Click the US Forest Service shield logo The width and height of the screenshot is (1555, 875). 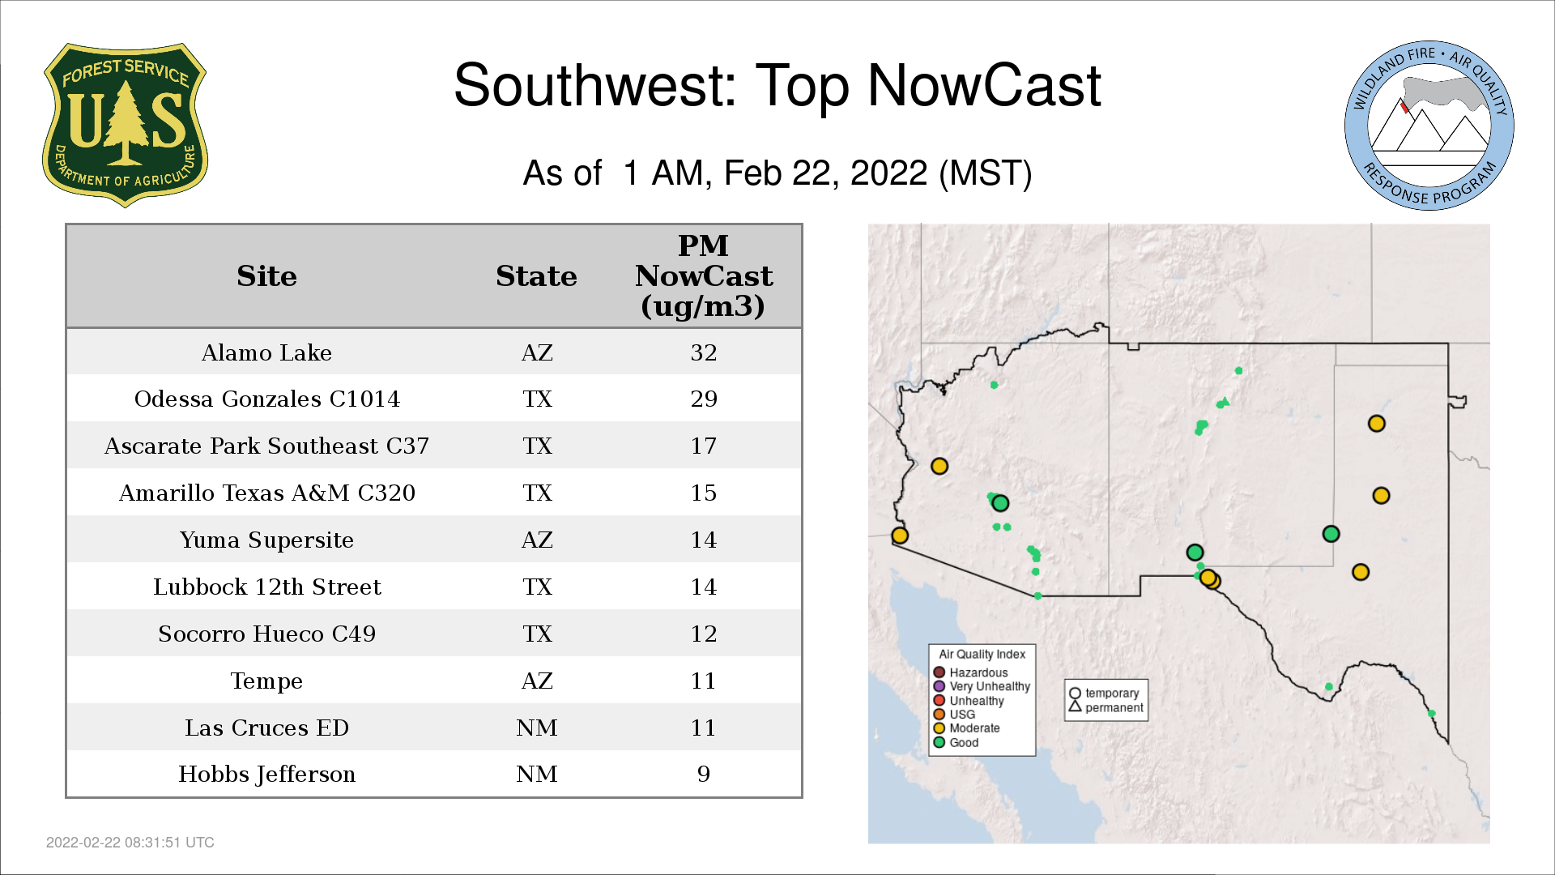coord(125,125)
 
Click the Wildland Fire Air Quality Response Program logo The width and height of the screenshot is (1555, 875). coord(1429,126)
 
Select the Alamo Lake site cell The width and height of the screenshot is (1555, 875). coord(266,352)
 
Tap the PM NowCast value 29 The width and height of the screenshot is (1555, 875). coord(704,399)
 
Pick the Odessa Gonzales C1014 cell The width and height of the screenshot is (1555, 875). coord(266,399)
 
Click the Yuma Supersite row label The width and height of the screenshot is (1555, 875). coord(266,540)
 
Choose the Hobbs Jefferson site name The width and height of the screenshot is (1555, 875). coord(266,775)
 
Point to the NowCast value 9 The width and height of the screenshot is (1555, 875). coord(704,775)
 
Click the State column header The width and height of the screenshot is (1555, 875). coord(536,276)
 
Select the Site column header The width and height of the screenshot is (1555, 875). coord(266,276)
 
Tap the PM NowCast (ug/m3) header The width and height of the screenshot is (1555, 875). coord(704,275)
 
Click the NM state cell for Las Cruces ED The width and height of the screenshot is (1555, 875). coord(536,728)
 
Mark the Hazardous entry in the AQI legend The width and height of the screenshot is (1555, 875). coord(971,672)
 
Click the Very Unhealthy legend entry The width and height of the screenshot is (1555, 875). coord(982,686)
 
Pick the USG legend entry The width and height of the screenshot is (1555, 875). coord(955,714)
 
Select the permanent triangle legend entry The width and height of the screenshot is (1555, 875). coord(1106,707)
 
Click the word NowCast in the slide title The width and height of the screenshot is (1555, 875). coord(984,86)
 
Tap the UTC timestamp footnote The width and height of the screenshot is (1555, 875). coord(130,843)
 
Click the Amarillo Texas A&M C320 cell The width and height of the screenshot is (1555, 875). coord(266,493)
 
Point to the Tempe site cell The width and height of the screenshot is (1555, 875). coord(266,681)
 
